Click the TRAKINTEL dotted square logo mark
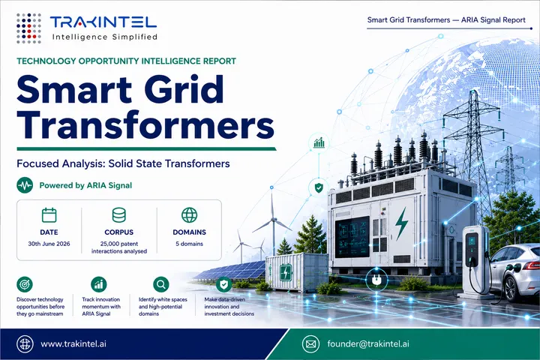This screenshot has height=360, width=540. [x=29, y=28]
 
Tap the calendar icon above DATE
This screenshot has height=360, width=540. [x=49, y=215]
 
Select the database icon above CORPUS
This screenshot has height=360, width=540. [x=119, y=215]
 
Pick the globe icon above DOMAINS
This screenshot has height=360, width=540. [x=190, y=215]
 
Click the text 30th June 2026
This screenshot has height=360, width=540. [x=49, y=244]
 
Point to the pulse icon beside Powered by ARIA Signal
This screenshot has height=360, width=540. [x=25, y=185]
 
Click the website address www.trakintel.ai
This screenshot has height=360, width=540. [x=73, y=343]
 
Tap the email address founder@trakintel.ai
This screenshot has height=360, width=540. [x=368, y=343]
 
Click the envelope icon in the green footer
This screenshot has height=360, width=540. [x=310, y=344]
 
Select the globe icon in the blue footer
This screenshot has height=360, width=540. [x=25, y=344]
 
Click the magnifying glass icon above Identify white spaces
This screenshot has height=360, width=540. [x=160, y=284]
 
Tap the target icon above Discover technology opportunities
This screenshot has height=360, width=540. [x=25, y=284]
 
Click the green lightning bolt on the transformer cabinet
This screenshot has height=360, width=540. [x=400, y=223]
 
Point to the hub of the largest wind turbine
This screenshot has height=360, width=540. [x=274, y=220]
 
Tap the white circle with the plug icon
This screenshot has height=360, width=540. [x=376, y=280]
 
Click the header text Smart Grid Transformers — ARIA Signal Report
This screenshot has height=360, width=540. [x=446, y=20]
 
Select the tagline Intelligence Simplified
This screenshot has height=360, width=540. [x=105, y=37]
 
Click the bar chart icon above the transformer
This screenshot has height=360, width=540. [x=319, y=142]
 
